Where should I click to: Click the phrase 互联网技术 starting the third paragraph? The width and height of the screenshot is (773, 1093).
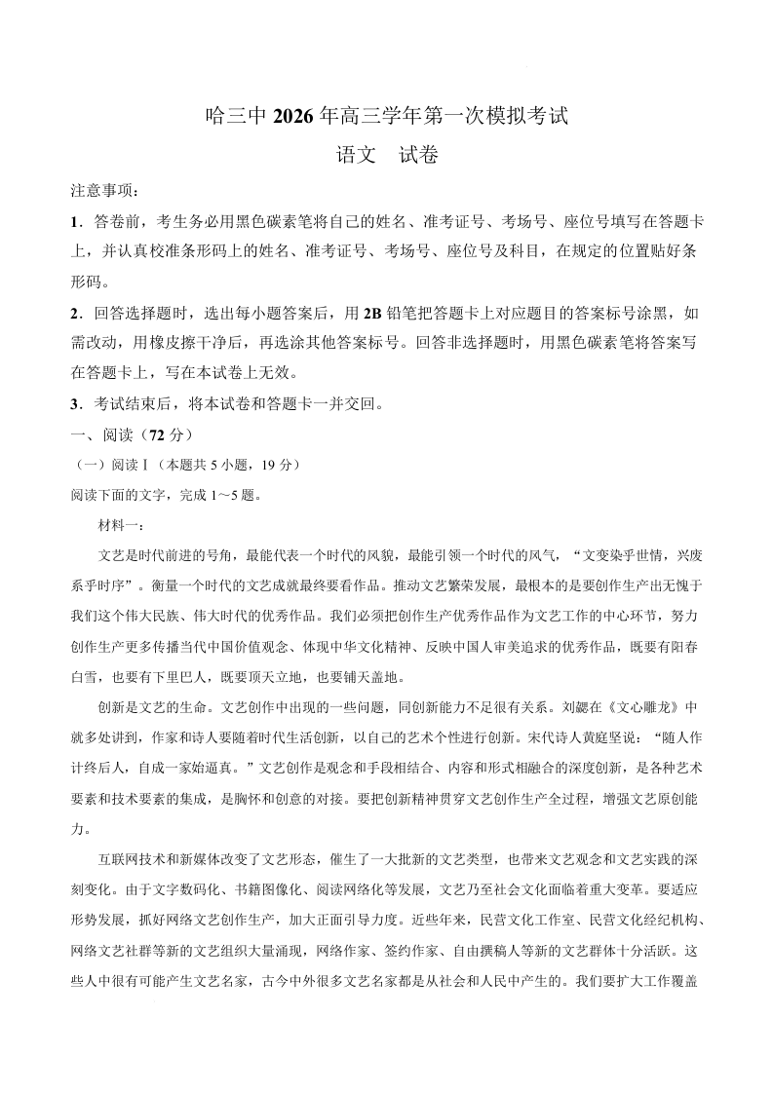(134, 859)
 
